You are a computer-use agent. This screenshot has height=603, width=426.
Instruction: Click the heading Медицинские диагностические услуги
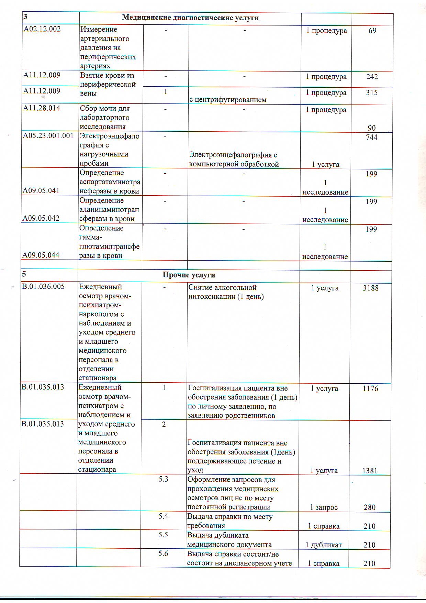click(x=190, y=18)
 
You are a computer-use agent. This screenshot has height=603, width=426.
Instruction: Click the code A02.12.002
click(x=42, y=29)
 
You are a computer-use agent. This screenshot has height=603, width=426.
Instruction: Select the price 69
click(x=372, y=31)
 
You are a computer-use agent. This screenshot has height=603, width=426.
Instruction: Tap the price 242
click(x=372, y=77)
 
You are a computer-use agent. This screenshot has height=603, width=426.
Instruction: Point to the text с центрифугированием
click(x=228, y=100)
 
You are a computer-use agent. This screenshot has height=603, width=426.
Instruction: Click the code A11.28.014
click(x=42, y=108)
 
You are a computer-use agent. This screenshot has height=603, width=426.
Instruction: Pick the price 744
click(x=372, y=138)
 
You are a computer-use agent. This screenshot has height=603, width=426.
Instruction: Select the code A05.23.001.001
click(x=48, y=136)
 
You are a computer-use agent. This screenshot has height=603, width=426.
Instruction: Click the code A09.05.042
click(x=41, y=218)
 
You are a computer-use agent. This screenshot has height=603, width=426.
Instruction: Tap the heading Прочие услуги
click(x=189, y=275)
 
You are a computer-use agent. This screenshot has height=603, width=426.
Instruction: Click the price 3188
click(x=371, y=288)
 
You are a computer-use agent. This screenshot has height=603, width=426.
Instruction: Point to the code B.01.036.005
click(x=43, y=287)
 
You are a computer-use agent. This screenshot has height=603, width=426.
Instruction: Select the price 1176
click(x=370, y=388)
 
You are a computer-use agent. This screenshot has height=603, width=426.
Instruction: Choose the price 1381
click(x=370, y=471)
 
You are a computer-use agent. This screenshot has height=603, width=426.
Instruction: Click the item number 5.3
click(x=164, y=479)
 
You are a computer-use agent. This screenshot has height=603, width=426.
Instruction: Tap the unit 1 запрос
click(x=324, y=507)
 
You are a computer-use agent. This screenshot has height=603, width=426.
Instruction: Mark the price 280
click(x=370, y=507)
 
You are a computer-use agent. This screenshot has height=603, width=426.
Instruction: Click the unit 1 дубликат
click(x=324, y=545)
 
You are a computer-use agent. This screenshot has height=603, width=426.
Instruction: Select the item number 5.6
click(x=163, y=554)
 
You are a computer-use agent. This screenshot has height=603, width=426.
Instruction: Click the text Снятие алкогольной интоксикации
click(x=226, y=292)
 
